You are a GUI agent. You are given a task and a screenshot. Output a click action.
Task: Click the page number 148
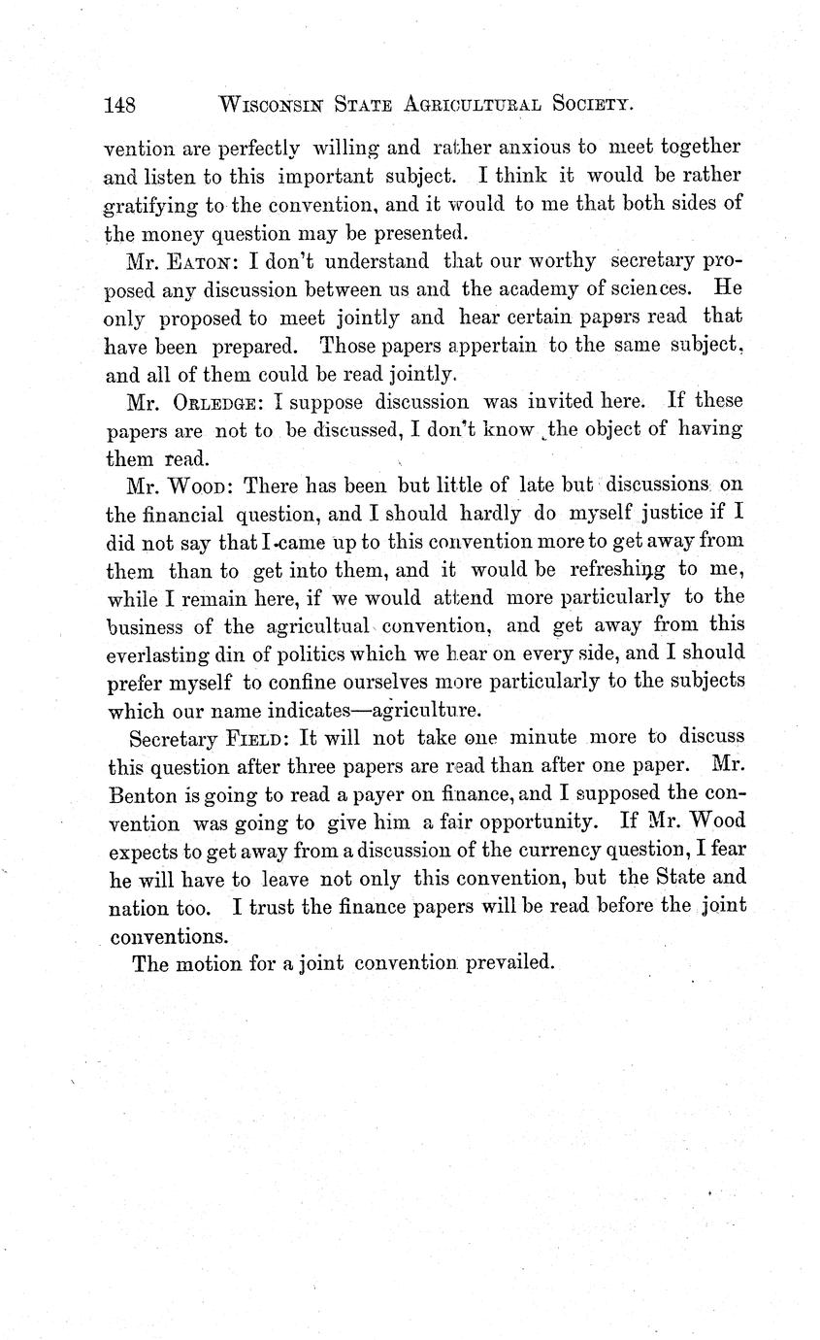pos(121,105)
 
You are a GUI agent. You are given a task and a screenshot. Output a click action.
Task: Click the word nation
pos(135,908)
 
